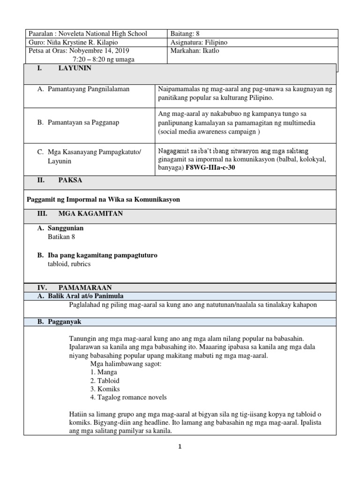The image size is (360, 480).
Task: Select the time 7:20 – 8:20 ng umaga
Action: tap(105, 59)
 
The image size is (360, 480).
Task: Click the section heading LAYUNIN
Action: tap(75, 68)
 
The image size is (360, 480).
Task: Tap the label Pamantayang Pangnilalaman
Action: tap(89, 89)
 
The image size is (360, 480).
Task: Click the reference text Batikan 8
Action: tap(61, 237)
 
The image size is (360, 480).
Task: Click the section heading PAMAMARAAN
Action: tap(85, 287)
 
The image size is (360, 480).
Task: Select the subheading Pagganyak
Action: tap(65, 322)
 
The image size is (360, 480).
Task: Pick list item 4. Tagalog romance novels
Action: tap(128, 397)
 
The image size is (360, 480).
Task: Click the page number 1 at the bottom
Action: tap(180, 447)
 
